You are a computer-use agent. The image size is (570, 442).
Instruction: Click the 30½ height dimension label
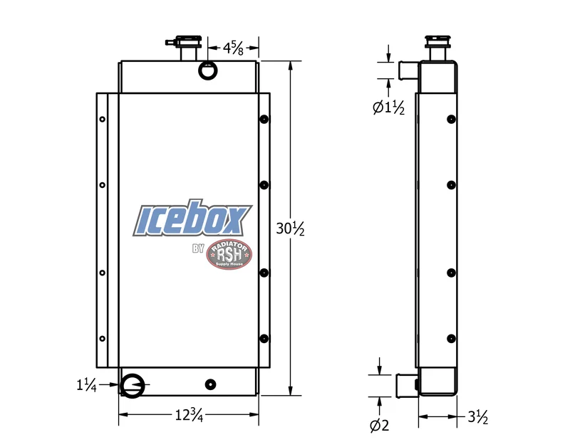(x=290, y=228)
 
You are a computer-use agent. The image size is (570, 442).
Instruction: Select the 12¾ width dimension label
(x=189, y=415)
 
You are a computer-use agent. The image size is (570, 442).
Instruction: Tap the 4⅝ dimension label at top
(x=233, y=48)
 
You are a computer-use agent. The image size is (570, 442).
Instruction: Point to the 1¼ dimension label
(x=86, y=384)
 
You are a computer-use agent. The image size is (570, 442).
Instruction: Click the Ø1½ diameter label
(x=388, y=107)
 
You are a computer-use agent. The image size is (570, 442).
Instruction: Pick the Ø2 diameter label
(x=380, y=425)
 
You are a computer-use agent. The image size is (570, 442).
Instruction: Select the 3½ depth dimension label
(x=477, y=417)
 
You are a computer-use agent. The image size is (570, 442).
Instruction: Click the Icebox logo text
(x=192, y=218)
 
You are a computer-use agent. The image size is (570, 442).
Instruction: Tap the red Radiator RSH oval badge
(x=229, y=254)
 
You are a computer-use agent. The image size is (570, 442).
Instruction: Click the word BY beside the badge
(x=199, y=248)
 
